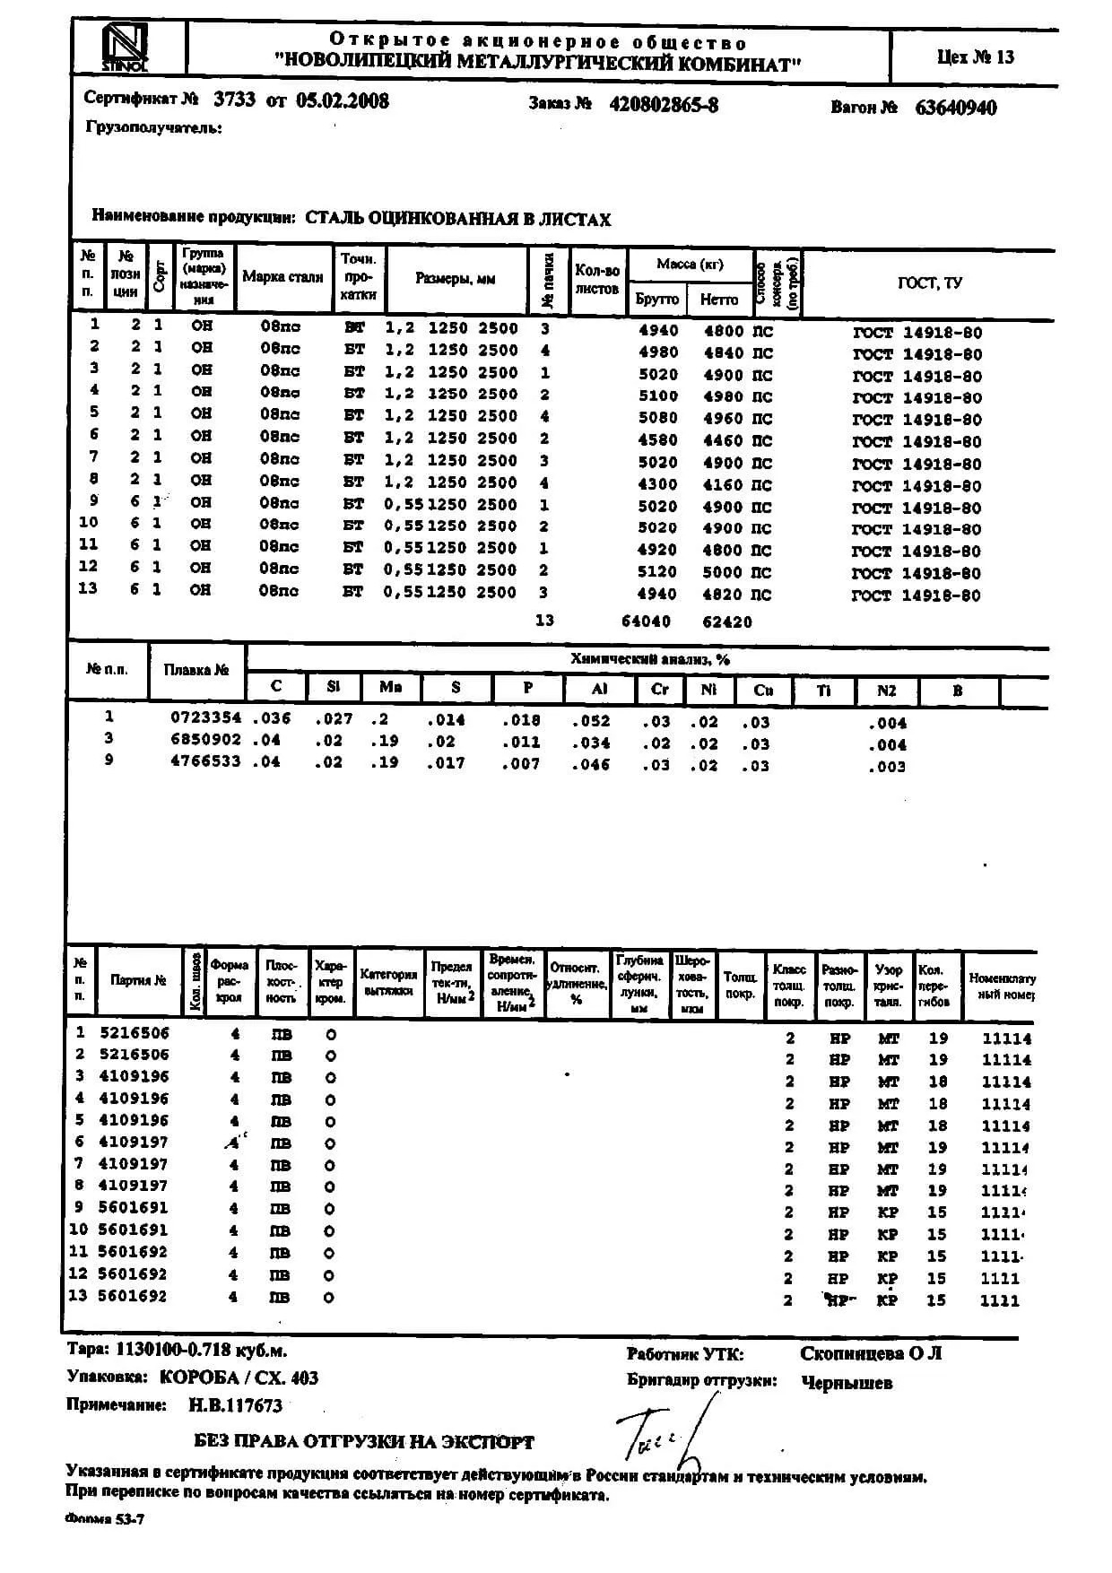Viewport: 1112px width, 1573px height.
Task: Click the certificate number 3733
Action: coord(235,100)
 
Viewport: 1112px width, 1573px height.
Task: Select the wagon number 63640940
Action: coord(955,108)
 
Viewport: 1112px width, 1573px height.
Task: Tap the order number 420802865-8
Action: coord(664,105)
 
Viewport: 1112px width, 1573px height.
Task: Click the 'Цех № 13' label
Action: coord(976,57)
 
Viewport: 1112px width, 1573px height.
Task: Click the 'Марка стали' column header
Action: coord(282,277)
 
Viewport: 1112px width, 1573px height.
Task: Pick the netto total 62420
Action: coord(727,621)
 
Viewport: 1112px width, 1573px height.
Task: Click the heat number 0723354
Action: coord(205,718)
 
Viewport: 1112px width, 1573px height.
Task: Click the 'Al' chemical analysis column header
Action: coord(599,689)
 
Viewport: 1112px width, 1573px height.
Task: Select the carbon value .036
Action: coord(272,718)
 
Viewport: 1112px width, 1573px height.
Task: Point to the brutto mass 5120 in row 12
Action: coord(657,572)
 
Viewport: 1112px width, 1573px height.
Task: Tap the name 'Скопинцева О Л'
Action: coord(871,1353)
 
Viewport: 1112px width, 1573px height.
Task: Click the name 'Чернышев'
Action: coord(847,1383)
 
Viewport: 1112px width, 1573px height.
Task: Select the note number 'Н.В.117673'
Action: coord(235,1406)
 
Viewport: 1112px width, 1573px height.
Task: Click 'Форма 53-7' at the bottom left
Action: coord(105,1519)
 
